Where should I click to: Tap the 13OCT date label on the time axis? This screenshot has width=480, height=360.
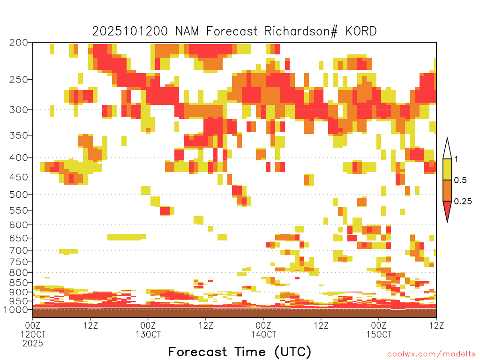tap(148, 334)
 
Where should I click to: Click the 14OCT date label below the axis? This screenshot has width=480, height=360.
tap(263, 334)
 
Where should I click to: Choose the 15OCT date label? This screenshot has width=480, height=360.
tap(379, 334)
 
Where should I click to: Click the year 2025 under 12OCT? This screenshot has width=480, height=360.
tap(33, 343)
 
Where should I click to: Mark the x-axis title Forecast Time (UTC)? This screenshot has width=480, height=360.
tap(240, 352)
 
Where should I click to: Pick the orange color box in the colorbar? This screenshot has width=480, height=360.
tap(448, 191)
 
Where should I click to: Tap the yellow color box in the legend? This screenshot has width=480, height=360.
tap(448, 170)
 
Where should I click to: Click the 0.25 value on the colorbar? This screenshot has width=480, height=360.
tap(463, 202)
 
